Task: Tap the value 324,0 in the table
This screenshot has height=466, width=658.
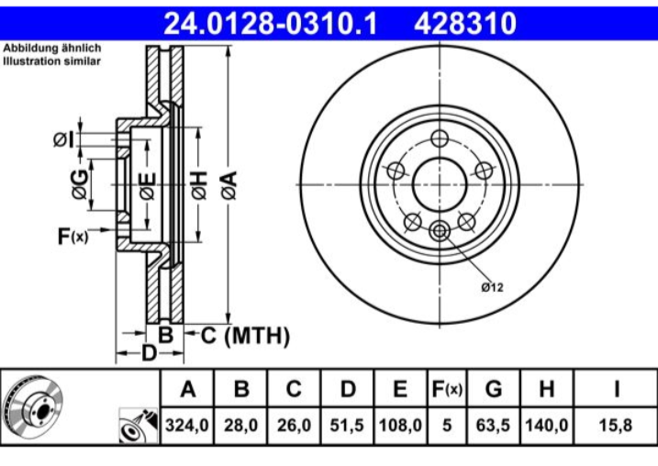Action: pyautogui.click(x=187, y=427)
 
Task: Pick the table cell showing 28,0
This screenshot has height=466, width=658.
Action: pyautogui.click(x=240, y=427)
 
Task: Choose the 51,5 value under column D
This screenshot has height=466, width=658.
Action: pyautogui.click(x=347, y=427)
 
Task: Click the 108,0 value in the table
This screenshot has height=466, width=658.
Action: pyautogui.click(x=399, y=427)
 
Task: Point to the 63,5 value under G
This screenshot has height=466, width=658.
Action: pyautogui.click(x=494, y=427)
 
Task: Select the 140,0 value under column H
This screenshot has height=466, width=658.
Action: pyautogui.click(x=547, y=427)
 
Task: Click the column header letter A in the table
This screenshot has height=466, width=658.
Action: pyautogui.click(x=187, y=390)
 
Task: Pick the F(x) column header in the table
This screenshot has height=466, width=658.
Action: pyautogui.click(x=446, y=390)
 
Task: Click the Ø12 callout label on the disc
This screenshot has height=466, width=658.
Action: pyautogui.click(x=493, y=287)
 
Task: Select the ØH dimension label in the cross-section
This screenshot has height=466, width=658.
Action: pyautogui.click(x=198, y=184)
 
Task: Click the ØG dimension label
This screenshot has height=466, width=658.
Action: pyautogui.click(x=81, y=184)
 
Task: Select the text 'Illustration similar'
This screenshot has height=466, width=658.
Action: pyautogui.click(x=51, y=61)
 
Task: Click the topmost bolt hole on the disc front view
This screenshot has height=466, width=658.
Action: pyautogui.click(x=440, y=139)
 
